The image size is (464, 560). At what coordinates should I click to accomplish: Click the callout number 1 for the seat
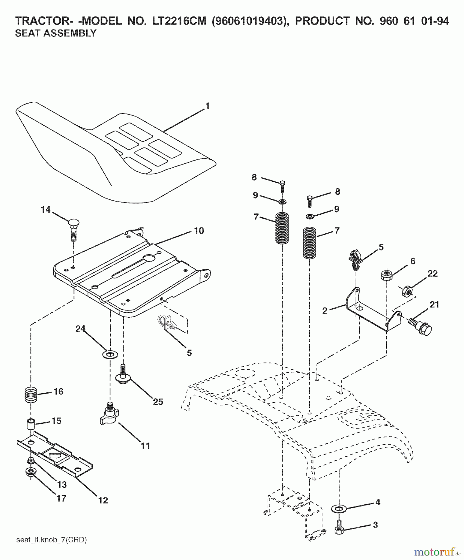tap(207, 106)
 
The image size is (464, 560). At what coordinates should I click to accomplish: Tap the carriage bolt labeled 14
tap(73, 230)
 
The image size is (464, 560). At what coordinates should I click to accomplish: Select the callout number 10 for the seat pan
tap(199, 231)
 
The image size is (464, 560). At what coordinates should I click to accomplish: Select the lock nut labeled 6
tap(386, 275)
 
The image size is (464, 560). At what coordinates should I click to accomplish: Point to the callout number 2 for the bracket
tap(325, 310)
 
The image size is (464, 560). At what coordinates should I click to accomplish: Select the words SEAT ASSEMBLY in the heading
tap(56, 33)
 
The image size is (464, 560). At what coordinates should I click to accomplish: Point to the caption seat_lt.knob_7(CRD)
tap(51, 540)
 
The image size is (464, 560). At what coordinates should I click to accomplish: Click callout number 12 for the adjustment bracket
tap(103, 500)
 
